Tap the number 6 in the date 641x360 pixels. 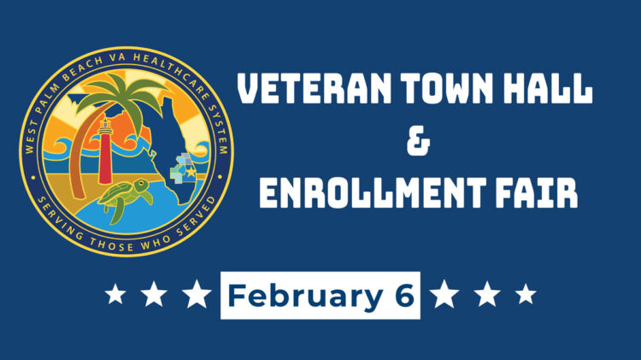click(404, 295)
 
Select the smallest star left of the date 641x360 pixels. click(114, 295)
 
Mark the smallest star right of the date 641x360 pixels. click(526, 295)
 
